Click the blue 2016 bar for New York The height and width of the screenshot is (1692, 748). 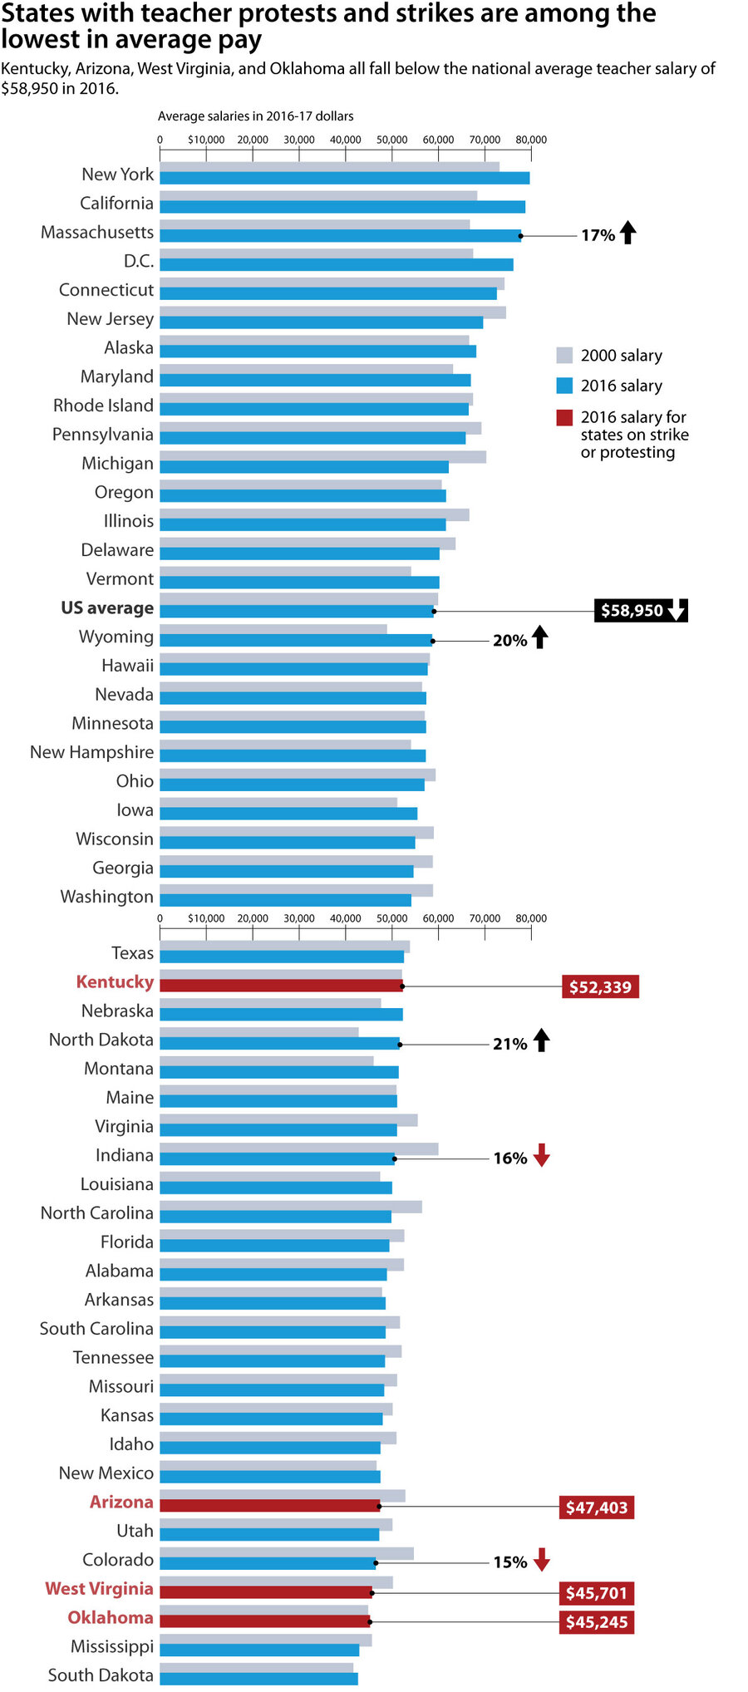click(x=344, y=178)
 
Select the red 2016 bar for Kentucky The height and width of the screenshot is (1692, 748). click(x=281, y=986)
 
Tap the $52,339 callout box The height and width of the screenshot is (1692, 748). click(x=600, y=987)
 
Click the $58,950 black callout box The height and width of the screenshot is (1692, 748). click(x=640, y=611)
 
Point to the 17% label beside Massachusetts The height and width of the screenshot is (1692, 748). click(x=598, y=235)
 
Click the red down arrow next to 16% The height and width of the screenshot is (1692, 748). click(x=542, y=1155)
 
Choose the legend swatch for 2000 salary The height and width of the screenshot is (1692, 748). click(x=564, y=356)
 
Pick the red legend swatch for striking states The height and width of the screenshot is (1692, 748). click(x=564, y=417)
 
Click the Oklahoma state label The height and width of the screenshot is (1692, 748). click(x=111, y=1617)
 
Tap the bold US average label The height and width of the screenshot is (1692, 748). click(x=107, y=607)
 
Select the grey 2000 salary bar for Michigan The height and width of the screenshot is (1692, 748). click(x=322, y=456)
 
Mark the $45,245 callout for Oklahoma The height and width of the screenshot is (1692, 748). click(x=597, y=1622)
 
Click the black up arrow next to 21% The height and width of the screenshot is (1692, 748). click(x=542, y=1040)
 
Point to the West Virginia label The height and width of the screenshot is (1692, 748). click(x=99, y=1588)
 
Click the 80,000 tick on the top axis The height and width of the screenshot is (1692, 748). click(x=531, y=140)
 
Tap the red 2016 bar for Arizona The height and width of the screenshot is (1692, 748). click(x=269, y=1506)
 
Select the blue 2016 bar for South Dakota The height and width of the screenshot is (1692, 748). click(x=258, y=1679)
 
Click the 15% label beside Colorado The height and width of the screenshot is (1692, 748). click(x=510, y=1562)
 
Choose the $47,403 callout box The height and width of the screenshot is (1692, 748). click(x=597, y=1508)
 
